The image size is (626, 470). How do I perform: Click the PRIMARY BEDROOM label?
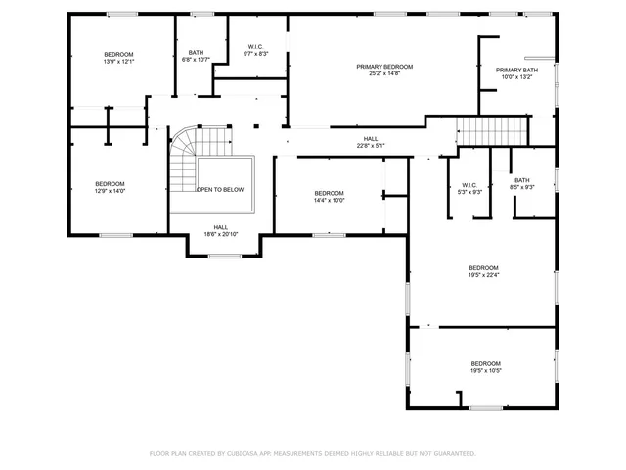[384, 67]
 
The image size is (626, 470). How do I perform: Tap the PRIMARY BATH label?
[516, 70]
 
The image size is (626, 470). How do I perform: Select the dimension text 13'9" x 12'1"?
[118, 62]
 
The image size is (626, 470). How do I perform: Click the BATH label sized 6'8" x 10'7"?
[197, 53]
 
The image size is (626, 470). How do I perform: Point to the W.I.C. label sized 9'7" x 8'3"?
[255, 47]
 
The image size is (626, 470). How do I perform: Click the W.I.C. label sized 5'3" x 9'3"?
[469, 185]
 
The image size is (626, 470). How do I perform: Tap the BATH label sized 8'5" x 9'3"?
[522, 180]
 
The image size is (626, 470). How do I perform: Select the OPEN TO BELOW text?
[220, 190]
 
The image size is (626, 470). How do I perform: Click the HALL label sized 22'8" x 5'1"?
[371, 139]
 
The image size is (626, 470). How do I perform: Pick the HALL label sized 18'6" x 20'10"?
[221, 227]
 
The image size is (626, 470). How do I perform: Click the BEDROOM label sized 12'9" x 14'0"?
[110, 184]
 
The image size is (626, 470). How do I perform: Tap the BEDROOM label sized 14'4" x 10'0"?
[329, 193]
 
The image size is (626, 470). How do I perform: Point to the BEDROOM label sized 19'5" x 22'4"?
[483, 268]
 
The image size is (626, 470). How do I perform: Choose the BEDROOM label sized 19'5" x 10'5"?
[485, 364]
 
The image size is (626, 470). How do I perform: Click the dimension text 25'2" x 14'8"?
[384, 73]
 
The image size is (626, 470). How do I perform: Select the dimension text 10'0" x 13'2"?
[516, 77]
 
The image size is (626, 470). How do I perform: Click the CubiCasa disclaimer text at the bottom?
[312, 453]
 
